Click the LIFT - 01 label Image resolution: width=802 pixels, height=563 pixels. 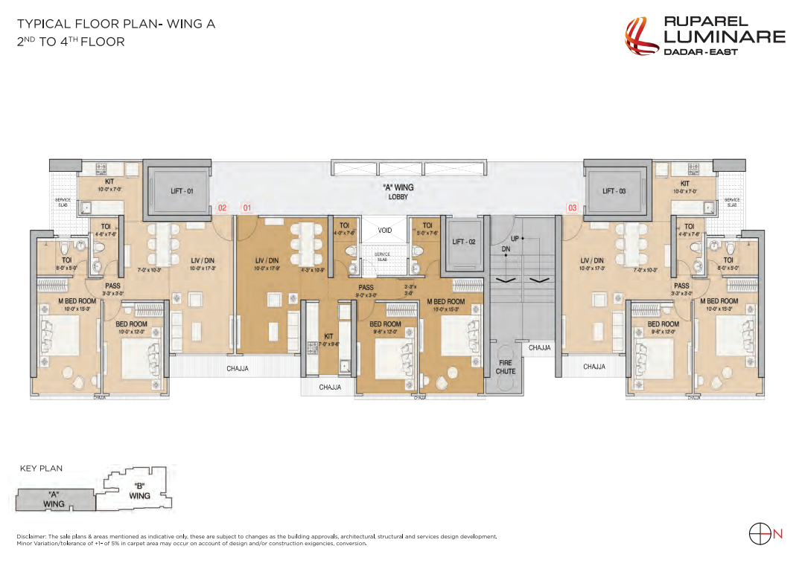(182, 191)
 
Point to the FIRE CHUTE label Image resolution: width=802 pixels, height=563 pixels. (506, 367)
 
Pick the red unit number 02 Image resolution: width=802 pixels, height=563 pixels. (222, 208)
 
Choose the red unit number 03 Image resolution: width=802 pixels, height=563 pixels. (572, 208)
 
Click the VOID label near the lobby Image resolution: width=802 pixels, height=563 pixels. (384, 231)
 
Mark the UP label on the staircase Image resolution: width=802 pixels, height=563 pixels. (515, 237)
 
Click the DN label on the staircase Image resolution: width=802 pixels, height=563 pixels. (506, 248)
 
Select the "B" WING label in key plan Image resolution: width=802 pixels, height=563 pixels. (139, 492)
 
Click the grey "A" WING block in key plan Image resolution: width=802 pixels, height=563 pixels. (54, 499)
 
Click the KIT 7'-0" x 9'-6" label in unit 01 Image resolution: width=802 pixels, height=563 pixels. (328, 340)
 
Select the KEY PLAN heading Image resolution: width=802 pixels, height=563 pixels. (41, 469)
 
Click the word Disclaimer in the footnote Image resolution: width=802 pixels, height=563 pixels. (31, 536)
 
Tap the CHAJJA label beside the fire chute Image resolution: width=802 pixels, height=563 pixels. (540, 347)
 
